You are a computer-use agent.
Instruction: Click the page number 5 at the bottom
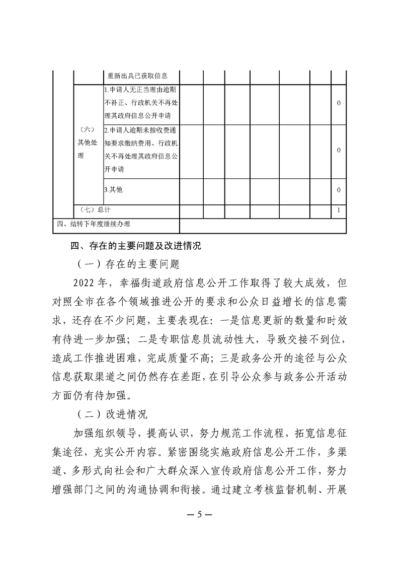pyautogui.click(x=199, y=514)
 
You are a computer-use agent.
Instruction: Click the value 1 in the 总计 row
pyautogui.click(x=339, y=209)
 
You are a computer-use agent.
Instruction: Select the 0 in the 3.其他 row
pyautogui.click(x=339, y=190)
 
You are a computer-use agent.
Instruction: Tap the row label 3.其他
pyautogui.click(x=113, y=190)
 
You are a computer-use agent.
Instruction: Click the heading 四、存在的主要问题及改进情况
pyautogui.click(x=135, y=246)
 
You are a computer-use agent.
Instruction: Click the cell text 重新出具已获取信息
pyautogui.click(x=137, y=76)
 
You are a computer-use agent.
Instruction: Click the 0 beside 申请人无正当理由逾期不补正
pyautogui.click(x=339, y=103)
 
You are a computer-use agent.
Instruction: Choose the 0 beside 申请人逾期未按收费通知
pyautogui.click(x=339, y=151)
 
